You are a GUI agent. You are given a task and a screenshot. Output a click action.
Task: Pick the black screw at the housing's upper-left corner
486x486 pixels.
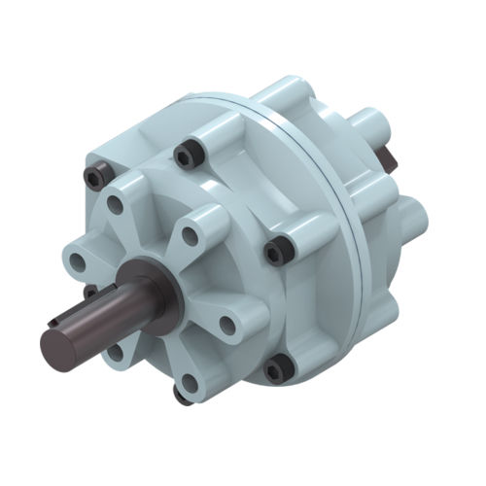click(94, 175)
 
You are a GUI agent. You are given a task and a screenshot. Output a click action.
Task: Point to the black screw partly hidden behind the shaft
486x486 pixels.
click(89, 291)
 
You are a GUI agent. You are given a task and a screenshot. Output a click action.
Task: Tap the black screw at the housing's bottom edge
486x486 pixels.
click(181, 393)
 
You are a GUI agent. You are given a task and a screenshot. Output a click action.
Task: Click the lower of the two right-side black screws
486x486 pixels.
click(279, 367)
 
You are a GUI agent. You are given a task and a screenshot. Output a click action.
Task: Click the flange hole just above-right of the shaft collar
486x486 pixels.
click(191, 235)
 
